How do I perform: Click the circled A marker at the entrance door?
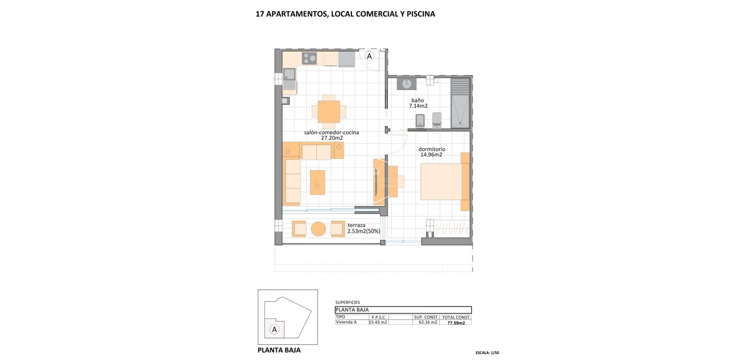(x=369, y=56)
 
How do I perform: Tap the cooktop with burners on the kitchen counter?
(x=309, y=59)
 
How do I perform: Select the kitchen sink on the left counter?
(x=290, y=74)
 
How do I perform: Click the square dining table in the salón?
(x=329, y=112)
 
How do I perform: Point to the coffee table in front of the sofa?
(x=318, y=182)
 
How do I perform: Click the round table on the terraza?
(x=318, y=229)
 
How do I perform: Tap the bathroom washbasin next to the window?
(x=407, y=83)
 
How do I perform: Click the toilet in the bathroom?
(x=437, y=119)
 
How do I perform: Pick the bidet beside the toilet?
(x=420, y=120)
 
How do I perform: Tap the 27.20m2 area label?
(x=332, y=138)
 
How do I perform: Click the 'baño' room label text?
(x=418, y=101)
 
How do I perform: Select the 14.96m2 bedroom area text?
(x=431, y=155)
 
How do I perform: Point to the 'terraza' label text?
(x=356, y=225)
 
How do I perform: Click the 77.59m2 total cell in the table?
(x=456, y=323)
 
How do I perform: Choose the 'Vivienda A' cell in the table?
(x=346, y=322)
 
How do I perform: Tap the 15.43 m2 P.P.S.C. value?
(x=378, y=322)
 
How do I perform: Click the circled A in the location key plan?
(x=275, y=329)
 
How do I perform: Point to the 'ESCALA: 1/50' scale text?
(x=487, y=353)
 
